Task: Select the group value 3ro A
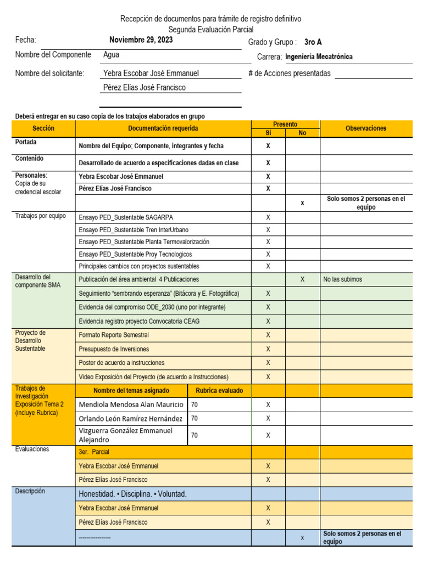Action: pos(313,42)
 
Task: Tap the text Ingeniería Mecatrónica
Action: pos(319,57)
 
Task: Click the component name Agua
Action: pos(111,55)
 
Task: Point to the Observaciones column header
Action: pos(365,128)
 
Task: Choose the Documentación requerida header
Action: pos(163,128)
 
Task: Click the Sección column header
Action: pos(43,128)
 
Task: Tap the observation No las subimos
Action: pos(342,279)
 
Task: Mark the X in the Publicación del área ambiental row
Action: pos(302,279)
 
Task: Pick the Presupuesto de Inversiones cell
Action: pos(114,349)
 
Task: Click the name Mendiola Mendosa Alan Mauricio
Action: pos(131,404)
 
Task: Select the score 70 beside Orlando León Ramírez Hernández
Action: pos(195,418)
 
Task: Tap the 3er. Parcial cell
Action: pos(94,452)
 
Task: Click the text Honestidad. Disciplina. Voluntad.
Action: pos(133,494)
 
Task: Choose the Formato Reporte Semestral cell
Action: pos(114,335)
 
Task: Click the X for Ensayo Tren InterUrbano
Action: pos(268,230)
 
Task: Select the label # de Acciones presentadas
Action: pos(290,74)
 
